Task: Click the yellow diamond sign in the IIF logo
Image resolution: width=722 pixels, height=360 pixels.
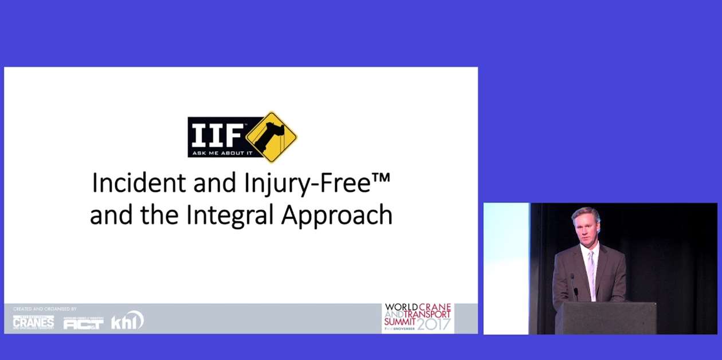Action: pos(272,137)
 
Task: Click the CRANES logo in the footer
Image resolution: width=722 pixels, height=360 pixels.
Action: pos(33,322)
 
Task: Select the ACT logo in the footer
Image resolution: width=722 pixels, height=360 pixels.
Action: pos(83,323)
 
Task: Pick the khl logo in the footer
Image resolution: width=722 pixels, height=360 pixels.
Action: pos(127,321)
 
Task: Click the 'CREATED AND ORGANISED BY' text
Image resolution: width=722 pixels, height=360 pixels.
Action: pos(45,309)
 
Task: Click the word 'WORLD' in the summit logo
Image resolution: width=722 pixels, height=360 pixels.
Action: pos(401,307)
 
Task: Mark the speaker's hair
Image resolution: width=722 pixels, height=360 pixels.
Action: pos(585,213)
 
